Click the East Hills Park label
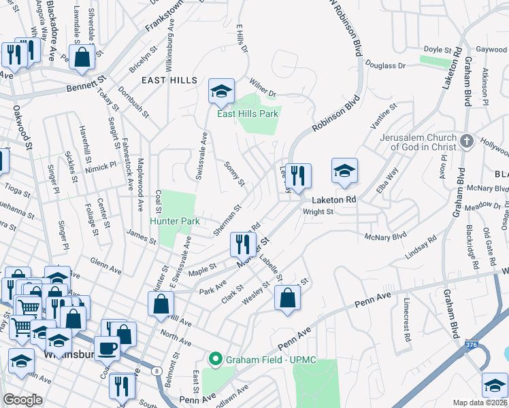pyautogui.click(x=247, y=114)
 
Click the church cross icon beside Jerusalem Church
pyautogui.click(x=466, y=141)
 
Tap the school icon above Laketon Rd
pyautogui.click(x=345, y=171)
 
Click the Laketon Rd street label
pyautogui.click(x=335, y=201)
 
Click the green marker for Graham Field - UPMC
pyautogui.click(x=216, y=358)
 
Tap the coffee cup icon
pyautogui.click(x=107, y=348)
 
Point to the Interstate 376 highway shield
pyautogui.click(x=472, y=345)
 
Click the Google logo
pyautogui.click(x=22, y=399)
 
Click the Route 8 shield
pyautogui.click(x=157, y=371)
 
